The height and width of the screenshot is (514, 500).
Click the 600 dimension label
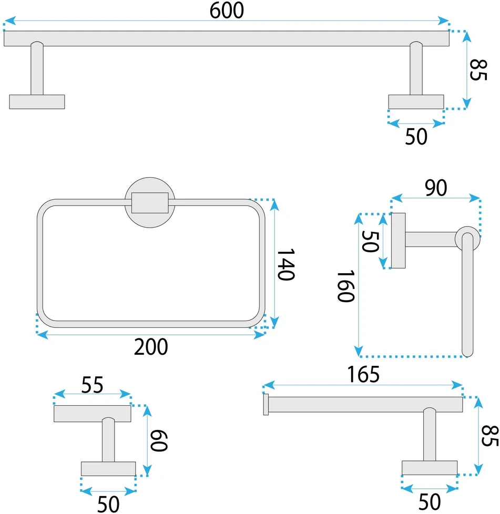coord(227,11)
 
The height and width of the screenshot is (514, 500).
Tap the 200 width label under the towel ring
coord(151,347)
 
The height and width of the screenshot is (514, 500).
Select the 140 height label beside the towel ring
coord(286,264)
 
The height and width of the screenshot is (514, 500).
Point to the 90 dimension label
coord(436,188)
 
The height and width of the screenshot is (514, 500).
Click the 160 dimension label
coord(346,286)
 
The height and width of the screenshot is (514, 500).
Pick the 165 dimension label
coord(363,374)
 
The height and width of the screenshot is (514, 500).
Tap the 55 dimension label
coord(92,385)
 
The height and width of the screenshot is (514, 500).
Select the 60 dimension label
coord(159,440)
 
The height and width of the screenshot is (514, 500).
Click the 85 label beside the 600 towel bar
coord(478,70)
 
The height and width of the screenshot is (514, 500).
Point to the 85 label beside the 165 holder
coord(490,436)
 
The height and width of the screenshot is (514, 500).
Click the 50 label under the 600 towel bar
coord(416,137)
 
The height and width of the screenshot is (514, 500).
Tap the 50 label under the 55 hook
coord(108,504)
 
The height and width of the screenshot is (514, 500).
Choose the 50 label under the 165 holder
coord(430,502)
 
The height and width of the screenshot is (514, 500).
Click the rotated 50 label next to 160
coord(370,242)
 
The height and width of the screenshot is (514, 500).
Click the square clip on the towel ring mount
coord(150,203)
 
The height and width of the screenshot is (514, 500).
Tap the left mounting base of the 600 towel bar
coord(37,102)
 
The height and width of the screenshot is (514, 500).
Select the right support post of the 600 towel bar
coord(416,68)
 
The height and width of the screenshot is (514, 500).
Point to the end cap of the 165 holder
coord(266,405)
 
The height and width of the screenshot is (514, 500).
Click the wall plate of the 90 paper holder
coord(399,241)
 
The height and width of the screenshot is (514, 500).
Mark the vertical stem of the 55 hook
coord(108,439)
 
